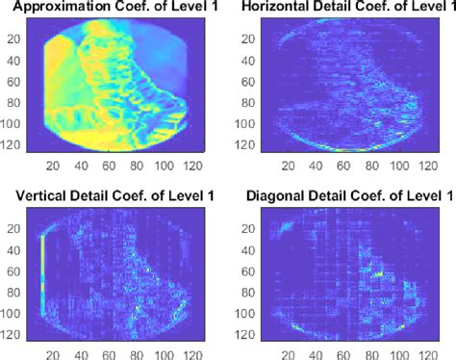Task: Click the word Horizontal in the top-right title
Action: pyautogui.click(x=276, y=8)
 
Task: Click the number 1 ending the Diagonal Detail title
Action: pyautogui.click(x=449, y=196)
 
